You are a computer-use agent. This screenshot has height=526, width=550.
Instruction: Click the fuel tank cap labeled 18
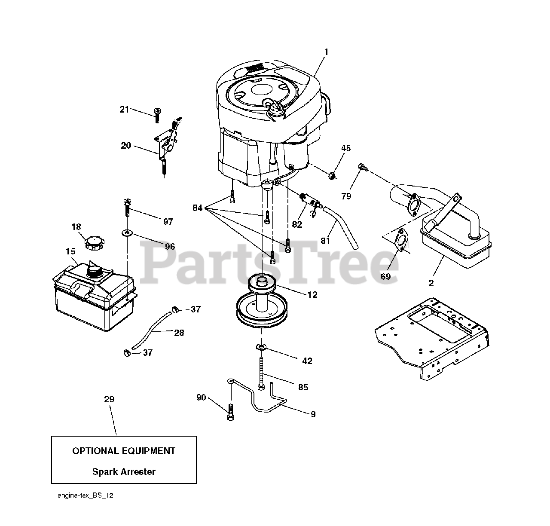click(93, 243)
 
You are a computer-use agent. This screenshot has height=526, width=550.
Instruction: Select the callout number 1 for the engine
click(326, 52)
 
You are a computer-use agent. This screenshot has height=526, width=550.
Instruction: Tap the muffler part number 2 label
click(431, 283)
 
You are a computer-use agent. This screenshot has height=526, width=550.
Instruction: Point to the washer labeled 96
click(128, 233)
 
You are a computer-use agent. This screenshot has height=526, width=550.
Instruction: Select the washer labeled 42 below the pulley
click(261, 346)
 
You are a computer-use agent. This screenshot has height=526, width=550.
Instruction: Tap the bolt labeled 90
click(231, 413)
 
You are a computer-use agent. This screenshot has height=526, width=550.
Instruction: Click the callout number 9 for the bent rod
click(313, 414)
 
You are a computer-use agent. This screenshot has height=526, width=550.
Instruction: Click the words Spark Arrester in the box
click(124, 471)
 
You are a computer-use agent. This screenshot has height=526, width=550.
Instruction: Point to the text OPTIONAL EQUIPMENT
click(124, 451)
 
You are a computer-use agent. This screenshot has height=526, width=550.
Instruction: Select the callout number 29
click(109, 399)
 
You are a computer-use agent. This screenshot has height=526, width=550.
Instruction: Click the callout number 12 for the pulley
click(312, 295)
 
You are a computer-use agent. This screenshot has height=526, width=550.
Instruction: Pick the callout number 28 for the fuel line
click(179, 332)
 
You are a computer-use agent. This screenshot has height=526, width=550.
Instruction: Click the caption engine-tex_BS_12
click(86, 496)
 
